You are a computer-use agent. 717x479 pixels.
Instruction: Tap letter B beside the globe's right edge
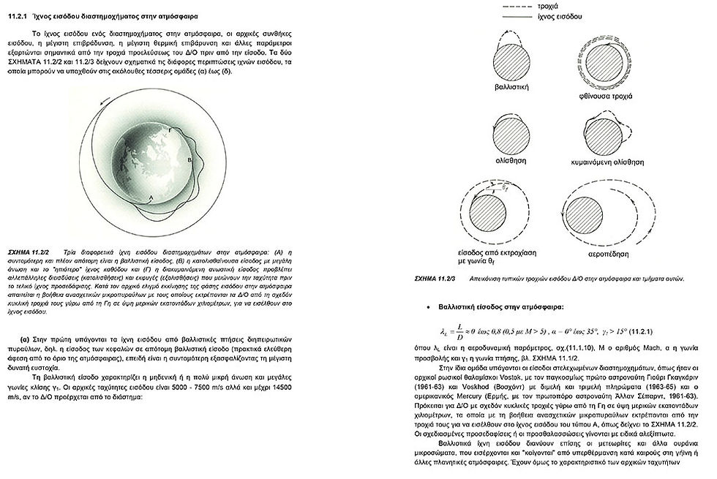coord(189,157)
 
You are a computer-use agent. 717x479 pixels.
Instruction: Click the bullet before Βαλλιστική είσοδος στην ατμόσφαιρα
coord(429,307)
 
